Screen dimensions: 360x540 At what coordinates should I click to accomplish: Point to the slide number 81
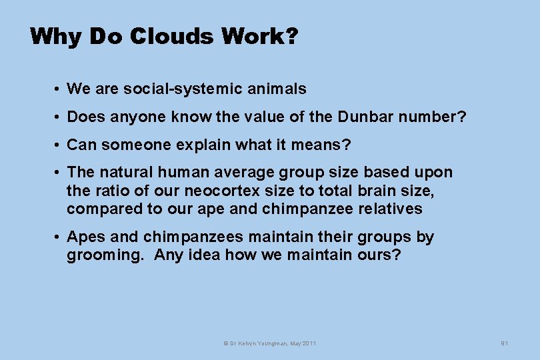point(505,343)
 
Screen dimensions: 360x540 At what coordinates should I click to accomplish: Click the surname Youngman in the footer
point(271,343)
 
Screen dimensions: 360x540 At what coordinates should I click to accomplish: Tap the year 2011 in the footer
point(309,343)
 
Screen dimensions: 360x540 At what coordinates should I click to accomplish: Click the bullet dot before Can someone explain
point(59,145)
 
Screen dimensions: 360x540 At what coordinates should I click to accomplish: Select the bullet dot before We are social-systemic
point(59,89)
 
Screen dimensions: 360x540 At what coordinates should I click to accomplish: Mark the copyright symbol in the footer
point(225,343)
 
